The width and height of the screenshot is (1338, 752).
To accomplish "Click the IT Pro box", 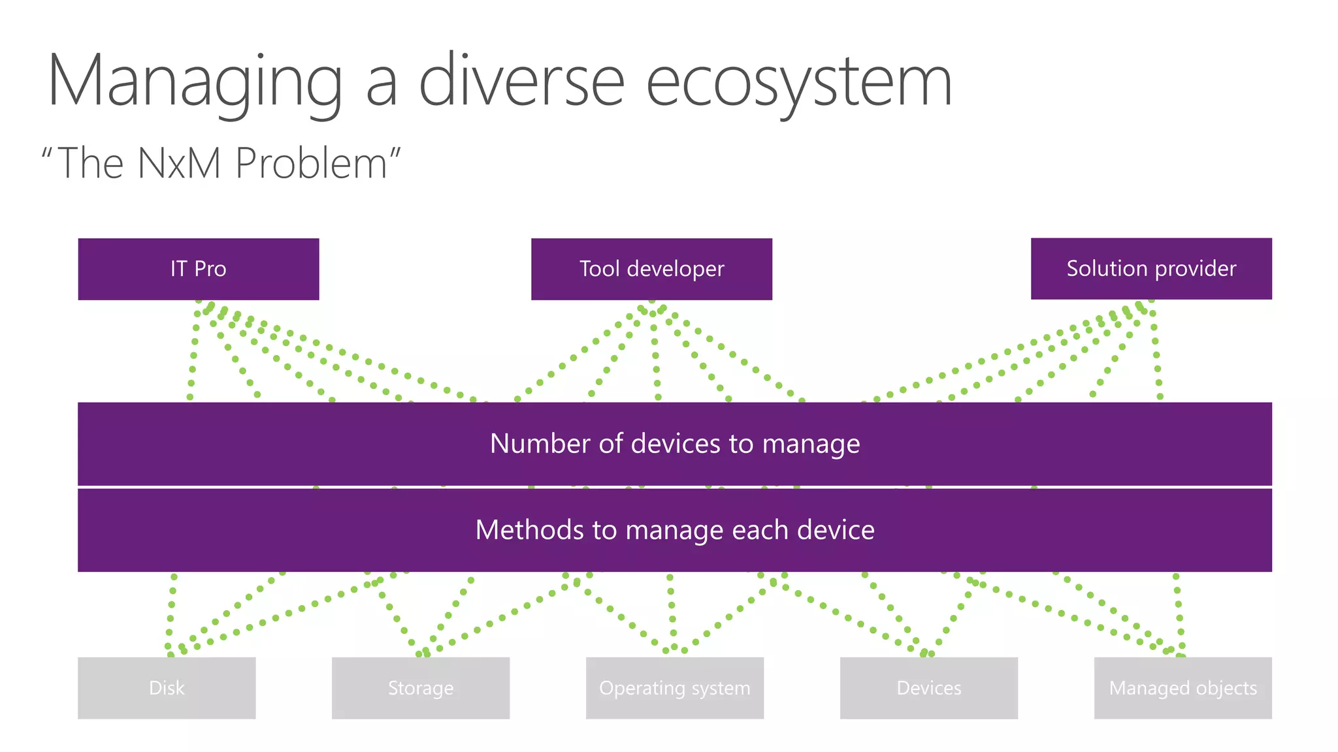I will tap(199, 269).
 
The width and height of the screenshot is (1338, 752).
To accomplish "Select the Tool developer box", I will tap(651, 269).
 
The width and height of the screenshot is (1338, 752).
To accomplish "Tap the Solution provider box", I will tap(1151, 268).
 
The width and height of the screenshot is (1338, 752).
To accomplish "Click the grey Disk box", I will tap(167, 688).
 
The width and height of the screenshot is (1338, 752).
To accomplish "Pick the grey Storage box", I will tap(421, 688).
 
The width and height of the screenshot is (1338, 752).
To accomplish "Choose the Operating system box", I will tap(675, 688).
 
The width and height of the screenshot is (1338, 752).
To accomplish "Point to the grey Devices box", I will tap(929, 688).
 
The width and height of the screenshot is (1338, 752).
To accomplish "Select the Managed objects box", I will tap(1183, 688).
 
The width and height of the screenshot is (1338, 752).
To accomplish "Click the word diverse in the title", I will tap(521, 82).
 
